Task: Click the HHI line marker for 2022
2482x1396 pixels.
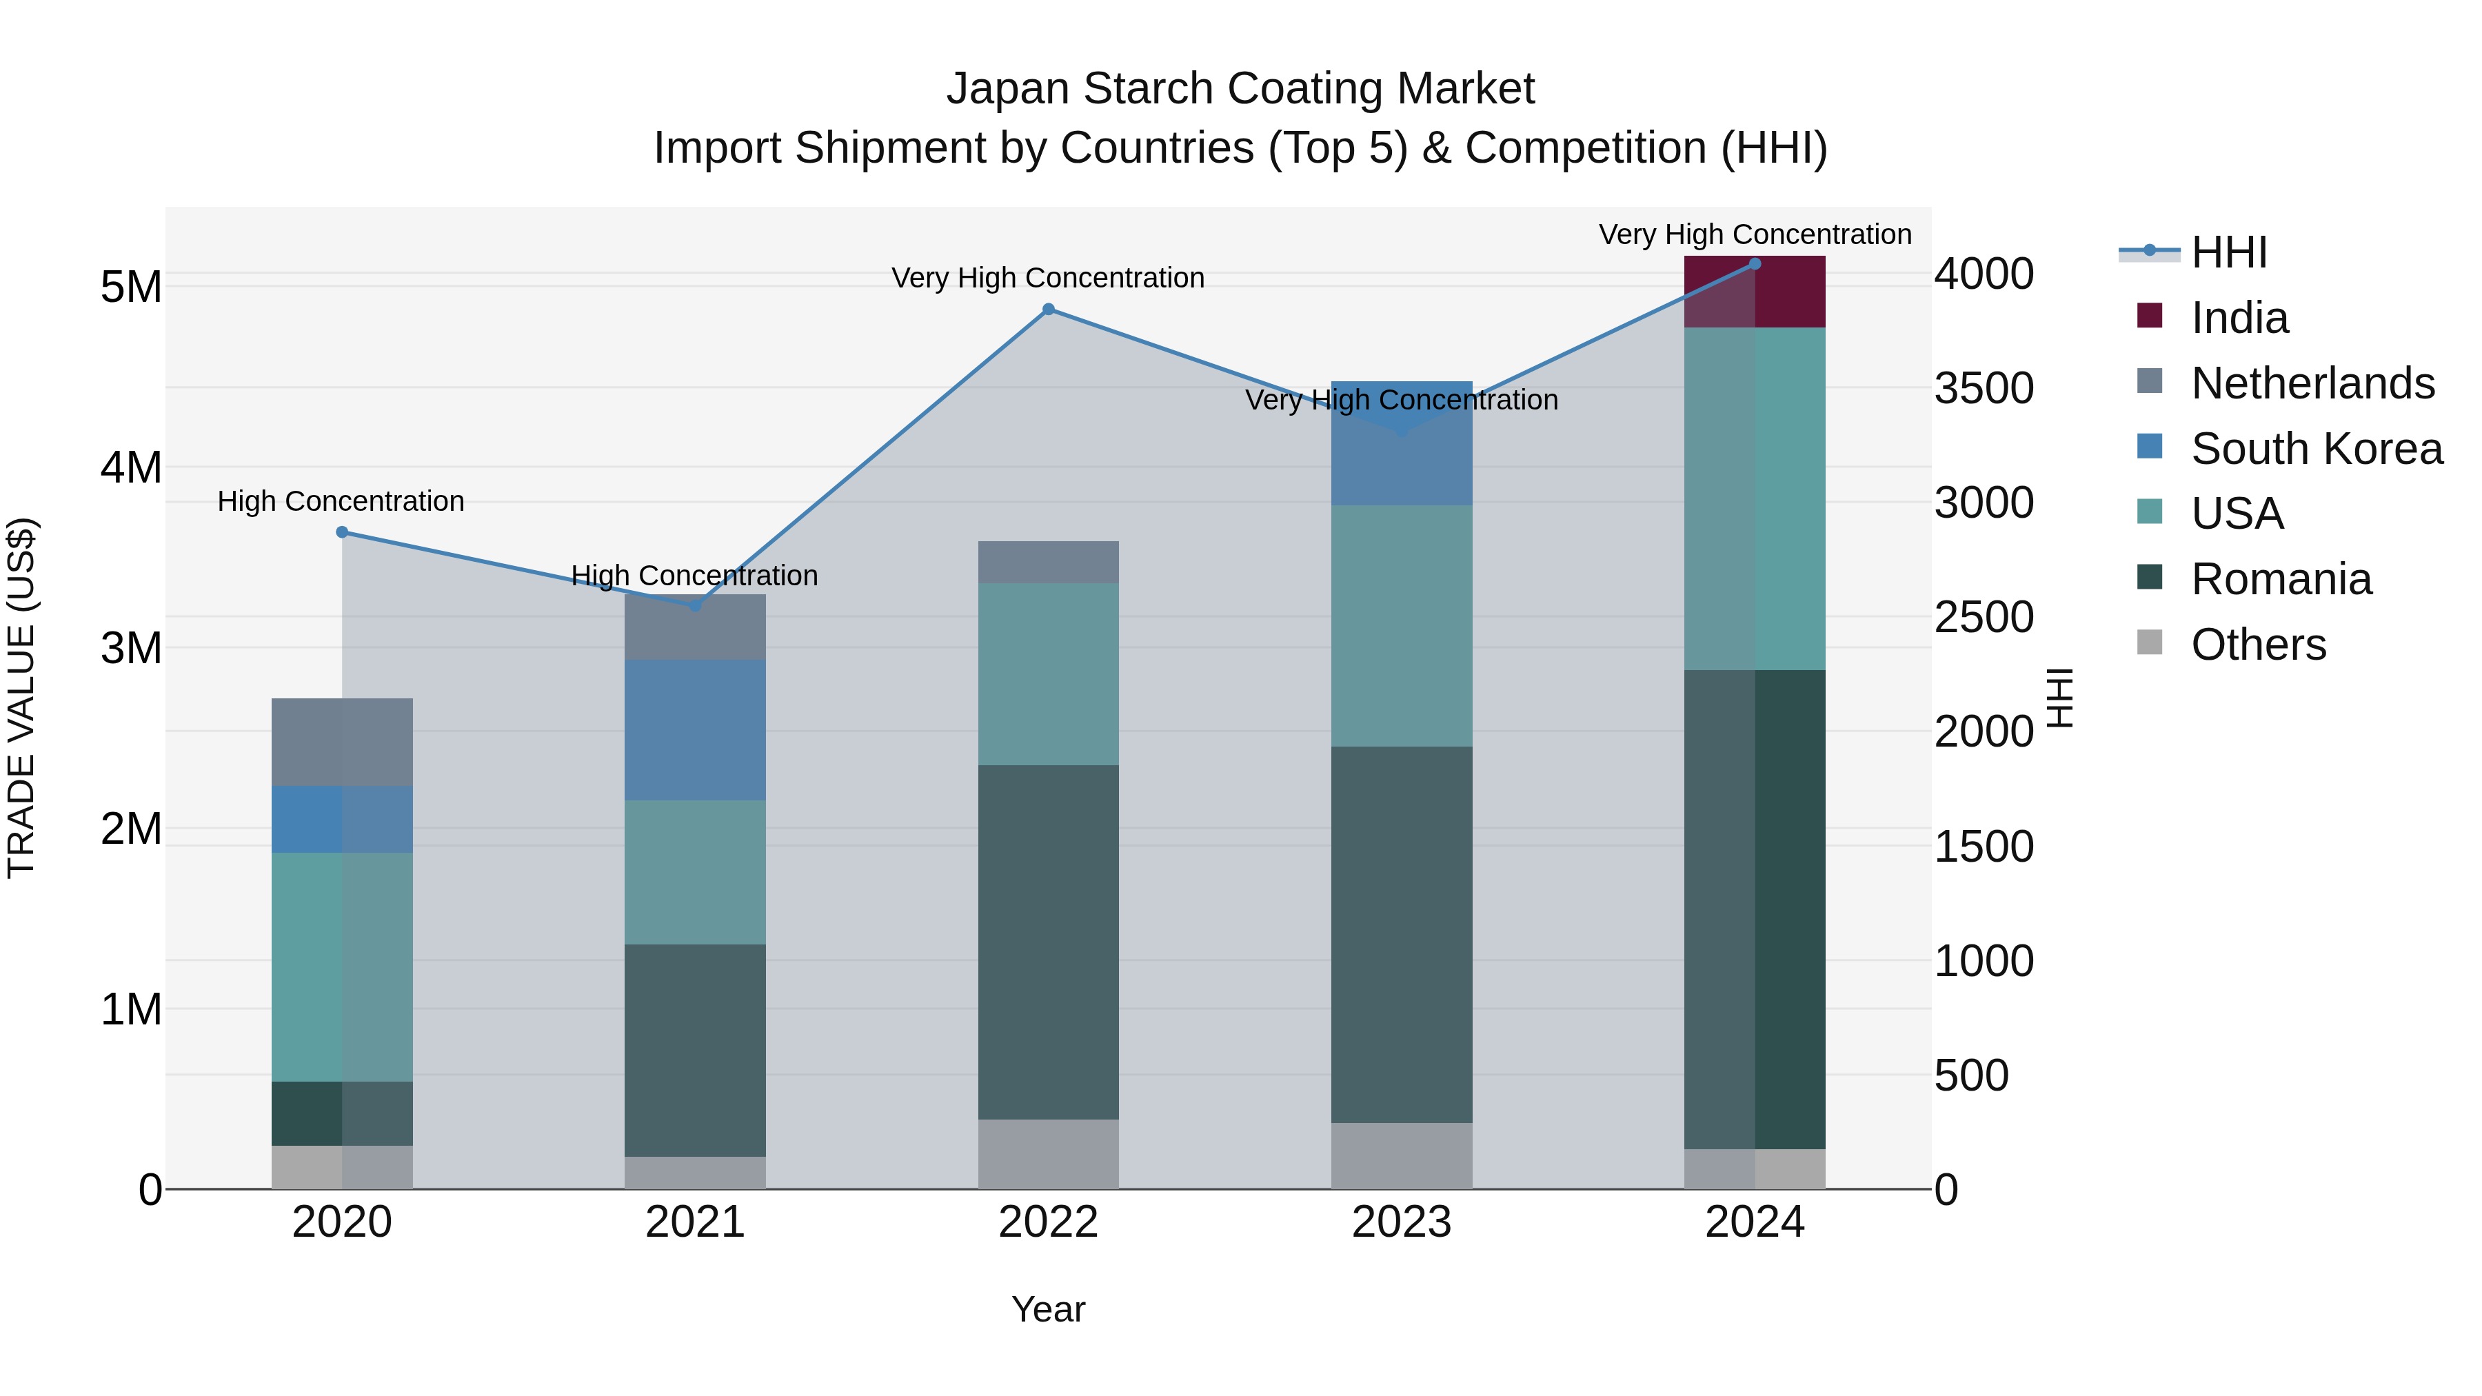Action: tap(1048, 310)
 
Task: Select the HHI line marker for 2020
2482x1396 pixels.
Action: tap(342, 532)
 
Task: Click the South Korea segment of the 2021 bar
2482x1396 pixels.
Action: tap(695, 729)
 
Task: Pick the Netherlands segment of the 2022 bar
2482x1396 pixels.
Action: tap(1048, 562)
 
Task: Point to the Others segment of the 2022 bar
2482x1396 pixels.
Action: tap(1048, 1153)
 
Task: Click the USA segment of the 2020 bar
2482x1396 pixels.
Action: tap(342, 967)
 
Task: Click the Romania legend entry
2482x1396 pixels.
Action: tap(2280, 579)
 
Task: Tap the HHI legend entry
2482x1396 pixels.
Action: tap(2228, 252)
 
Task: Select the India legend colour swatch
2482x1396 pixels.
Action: tap(2150, 315)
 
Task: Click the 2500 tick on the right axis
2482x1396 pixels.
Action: tap(1983, 618)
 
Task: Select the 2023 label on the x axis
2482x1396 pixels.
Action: tap(1402, 1222)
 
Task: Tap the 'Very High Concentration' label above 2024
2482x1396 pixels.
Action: tap(1755, 234)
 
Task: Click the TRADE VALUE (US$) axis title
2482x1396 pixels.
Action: tap(21, 698)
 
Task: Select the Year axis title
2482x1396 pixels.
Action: tap(1048, 1309)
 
